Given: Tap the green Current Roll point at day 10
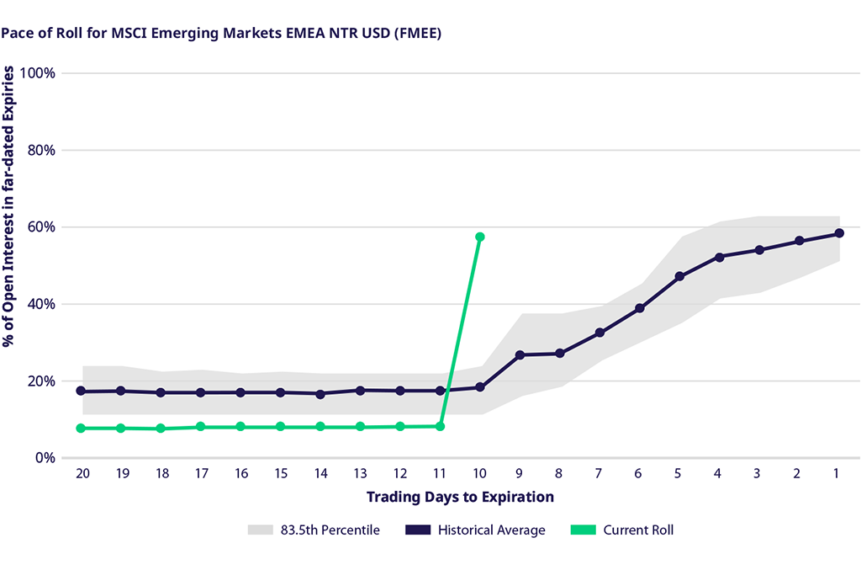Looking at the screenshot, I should [x=480, y=237].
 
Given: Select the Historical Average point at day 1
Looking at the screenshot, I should [x=838, y=233].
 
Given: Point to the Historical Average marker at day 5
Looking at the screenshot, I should [x=679, y=276].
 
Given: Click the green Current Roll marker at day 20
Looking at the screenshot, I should [x=81, y=428].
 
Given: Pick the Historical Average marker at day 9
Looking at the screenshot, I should [x=520, y=354].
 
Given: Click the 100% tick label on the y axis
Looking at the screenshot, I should [x=38, y=72].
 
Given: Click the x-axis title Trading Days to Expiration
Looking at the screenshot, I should [x=460, y=497].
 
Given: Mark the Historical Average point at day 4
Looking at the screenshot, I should [x=719, y=257].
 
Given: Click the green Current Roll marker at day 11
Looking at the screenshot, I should [x=440, y=426].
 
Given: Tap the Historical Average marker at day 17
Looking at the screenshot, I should [x=200, y=392].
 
